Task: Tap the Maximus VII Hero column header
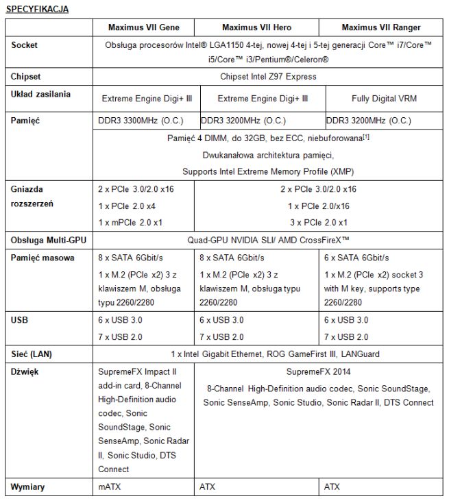257,27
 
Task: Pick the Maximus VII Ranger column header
380,27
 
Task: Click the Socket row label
25,45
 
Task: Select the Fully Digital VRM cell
384,98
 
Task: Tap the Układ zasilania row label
40,94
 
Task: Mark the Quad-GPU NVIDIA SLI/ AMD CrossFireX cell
268,241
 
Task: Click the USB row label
21,319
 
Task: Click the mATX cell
110,487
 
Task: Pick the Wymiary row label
28,487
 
